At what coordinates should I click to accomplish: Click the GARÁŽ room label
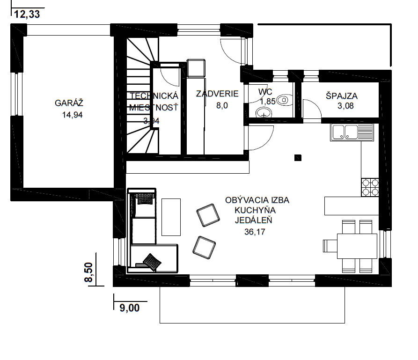(69, 103)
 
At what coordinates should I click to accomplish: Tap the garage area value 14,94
(73, 115)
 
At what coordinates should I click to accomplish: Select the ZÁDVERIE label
(217, 94)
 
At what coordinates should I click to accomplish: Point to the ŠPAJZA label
(342, 96)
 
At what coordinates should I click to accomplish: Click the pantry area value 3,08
(345, 106)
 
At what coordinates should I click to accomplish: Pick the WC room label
(265, 92)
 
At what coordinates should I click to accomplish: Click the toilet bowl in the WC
(284, 100)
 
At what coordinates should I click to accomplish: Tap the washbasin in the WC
(264, 112)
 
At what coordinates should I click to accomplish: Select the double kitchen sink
(352, 132)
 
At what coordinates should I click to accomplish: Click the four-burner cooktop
(370, 187)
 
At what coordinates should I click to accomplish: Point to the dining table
(357, 246)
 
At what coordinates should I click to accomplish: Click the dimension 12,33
(27, 14)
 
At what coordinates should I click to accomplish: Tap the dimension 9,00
(130, 308)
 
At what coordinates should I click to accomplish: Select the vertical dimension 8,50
(88, 272)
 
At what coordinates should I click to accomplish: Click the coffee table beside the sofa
(171, 217)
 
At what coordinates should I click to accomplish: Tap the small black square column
(298, 158)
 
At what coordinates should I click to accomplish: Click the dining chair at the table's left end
(330, 246)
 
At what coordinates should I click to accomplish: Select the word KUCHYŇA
(255, 210)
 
